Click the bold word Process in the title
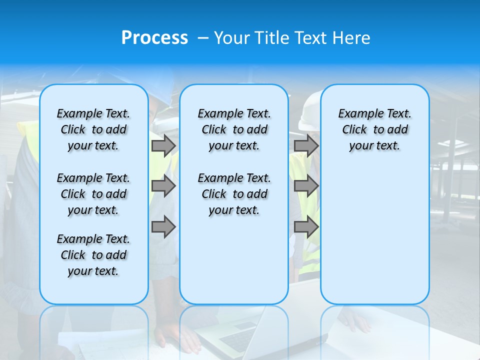click(154, 38)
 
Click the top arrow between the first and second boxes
click(163, 146)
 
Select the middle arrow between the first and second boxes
click(163, 186)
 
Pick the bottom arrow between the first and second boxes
click(163, 227)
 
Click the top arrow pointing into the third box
click(306, 146)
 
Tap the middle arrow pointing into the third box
click(306, 186)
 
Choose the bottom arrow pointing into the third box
click(306, 227)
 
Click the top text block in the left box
click(93, 129)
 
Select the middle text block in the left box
click(93, 194)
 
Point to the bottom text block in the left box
click(93, 255)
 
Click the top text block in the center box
click(234, 129)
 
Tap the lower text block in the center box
click(234, 194)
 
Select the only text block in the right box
click(374, 129)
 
